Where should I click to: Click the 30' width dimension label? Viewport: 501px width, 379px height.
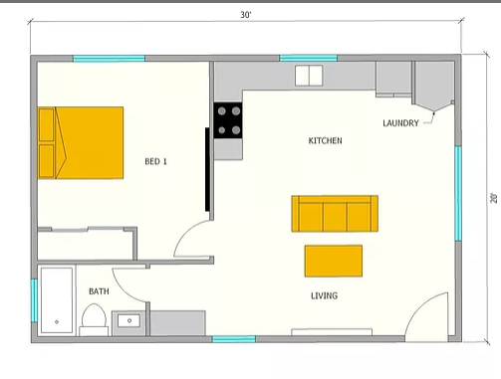pyautogui.click(x=246, y=15)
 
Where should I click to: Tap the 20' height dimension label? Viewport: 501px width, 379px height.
pyautogui.click(x=494, y=198)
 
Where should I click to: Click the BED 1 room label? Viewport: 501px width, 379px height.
pyautogui.click(x=155, y=161)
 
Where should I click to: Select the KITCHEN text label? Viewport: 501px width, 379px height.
pyautogui.click(x=325, y=140)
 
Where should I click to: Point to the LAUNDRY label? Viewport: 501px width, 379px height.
pyautogui.click(x=400, y=123)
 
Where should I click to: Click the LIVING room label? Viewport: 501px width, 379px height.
pyautogui.click(x=324, y=295)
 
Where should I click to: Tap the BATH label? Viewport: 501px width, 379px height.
pyautogui.click(x=99, y=291)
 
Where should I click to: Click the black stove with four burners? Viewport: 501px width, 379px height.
pyautogui.click(x=228, y=120)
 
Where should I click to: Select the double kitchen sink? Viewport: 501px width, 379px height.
pyautogui.click(x=309, y=76)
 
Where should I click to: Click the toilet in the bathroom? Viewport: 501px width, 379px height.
pyautogui.click(x=94, y=319)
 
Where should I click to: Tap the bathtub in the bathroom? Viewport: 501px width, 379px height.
pyautogui.click(x=57, y=300)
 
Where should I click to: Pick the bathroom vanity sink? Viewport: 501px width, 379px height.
pyautogui.click(x=128, y=320)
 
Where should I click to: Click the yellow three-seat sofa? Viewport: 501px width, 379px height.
pyautogui.click(x=335, y=214)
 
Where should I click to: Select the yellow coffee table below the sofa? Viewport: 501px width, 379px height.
pyautogui.click(x=334, y=261)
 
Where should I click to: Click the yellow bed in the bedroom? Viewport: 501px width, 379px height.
pyautogui.click(x=81, y=142)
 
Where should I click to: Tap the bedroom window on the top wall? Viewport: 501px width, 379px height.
pyautogui.click(x=109, y=59)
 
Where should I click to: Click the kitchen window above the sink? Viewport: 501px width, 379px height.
pyautogui.click(x=309, y=59)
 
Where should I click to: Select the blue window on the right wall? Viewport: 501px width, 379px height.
pyautogui.click(x=458, y=193)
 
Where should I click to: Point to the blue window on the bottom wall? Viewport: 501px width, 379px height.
pyautogui.click(x=234, y=339)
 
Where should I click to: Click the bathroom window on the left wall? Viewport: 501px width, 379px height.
pyautogui.click(x=34, y=300)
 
